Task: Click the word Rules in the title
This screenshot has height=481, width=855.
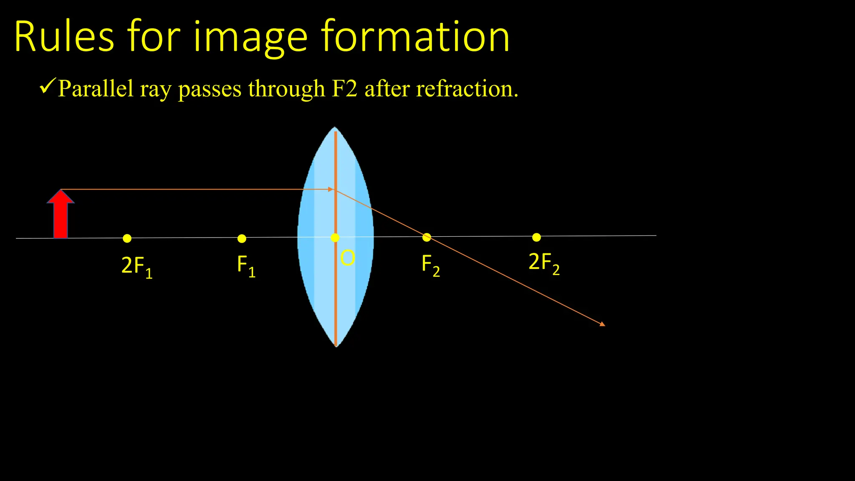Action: [x=64, y=37]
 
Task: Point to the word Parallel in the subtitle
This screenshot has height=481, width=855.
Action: [x=96, y=89]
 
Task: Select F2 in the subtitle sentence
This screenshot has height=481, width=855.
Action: [x=344, y=89]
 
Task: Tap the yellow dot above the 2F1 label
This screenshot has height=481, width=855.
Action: [x=127, y=238]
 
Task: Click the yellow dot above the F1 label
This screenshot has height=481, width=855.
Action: [x=242, y=238]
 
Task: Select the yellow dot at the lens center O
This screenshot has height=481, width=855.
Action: [x=335, y=238]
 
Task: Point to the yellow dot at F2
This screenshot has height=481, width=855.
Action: [x=427, y=237]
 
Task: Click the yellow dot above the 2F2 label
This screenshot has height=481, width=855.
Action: [x=536, y=237]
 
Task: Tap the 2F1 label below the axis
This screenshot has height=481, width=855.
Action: [x=137, y=266]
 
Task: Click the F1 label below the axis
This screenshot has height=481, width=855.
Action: [x=246, y=266]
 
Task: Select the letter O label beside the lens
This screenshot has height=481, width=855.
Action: [x=347, y=258]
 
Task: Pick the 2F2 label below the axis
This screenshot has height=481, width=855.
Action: [x=544, y=263]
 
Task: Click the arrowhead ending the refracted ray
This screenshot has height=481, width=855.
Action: [x=602, y=324]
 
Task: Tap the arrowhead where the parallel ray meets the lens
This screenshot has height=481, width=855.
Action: [x=331, y=190]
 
